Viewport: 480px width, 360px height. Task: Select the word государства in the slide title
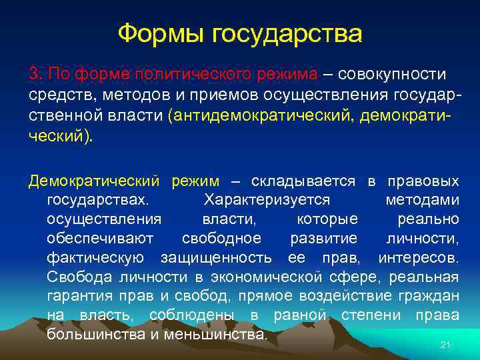[x=286, y=33]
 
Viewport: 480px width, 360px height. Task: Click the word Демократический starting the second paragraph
[x=94, y=181]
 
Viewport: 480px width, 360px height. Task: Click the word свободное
[x=221, y=238]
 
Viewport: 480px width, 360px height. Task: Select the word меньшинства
[x=213, y=333]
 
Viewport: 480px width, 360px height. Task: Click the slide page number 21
[x=446, y=344]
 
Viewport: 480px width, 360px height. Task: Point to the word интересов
[x=418, y=257]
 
